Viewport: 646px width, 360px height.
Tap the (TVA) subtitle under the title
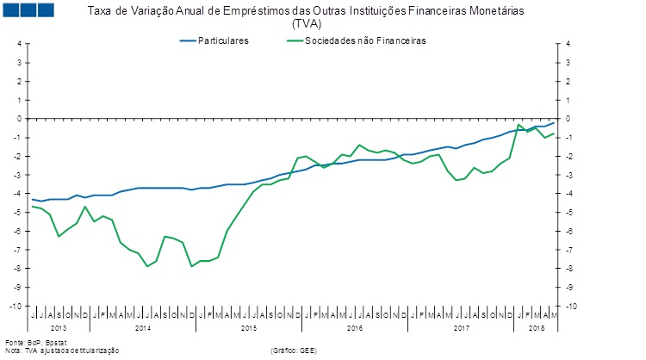306,23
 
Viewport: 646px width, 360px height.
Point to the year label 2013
59,328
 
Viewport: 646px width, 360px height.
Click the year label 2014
143,328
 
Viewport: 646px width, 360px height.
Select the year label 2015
249,328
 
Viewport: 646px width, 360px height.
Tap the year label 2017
461,328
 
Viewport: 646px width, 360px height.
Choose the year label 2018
536,328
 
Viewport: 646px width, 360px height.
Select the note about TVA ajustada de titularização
61,351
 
